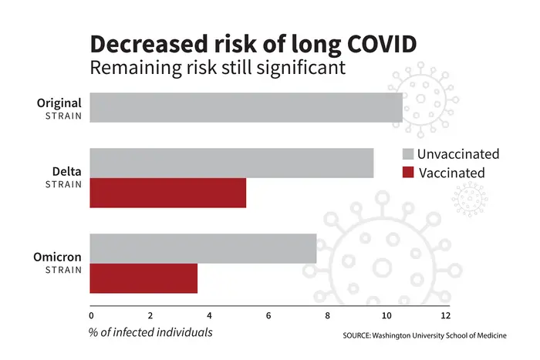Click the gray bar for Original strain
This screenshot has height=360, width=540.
[x=246, y=108]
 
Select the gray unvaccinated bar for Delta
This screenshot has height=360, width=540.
[x=231, y=163]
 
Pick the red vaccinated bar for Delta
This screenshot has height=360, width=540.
[x=168, y=193]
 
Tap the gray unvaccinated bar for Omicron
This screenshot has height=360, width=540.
[x=203, y=248]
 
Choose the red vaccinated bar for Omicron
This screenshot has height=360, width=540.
[x=143, y=278]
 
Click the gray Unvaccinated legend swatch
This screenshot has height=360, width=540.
[x=408, y=154]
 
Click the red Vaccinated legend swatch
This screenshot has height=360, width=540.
[x=408, y=173]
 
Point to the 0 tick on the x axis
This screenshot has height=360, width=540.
[x=91, y=315]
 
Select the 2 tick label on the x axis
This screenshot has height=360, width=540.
[x=150, y=315]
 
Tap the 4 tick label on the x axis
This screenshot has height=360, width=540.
[x=209, y=315]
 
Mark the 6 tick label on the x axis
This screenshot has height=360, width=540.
[x=268, y=315]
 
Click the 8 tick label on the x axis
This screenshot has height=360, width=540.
[x=327, y=315]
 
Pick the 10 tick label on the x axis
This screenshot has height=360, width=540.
[x=386, y=315]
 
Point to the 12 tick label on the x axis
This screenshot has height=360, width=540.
[x=445, y=315]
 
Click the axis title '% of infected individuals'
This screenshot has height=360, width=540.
[x=150, y=332]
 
